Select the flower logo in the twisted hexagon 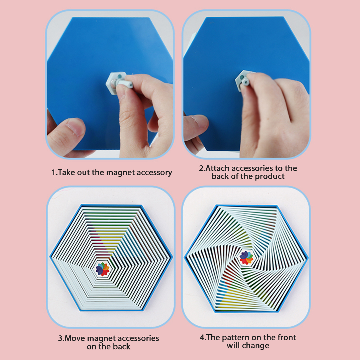tap(246, 258)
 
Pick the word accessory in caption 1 tap(154, 173)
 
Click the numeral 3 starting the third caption tap(60, 338)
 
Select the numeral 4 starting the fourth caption tap(202, 338)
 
